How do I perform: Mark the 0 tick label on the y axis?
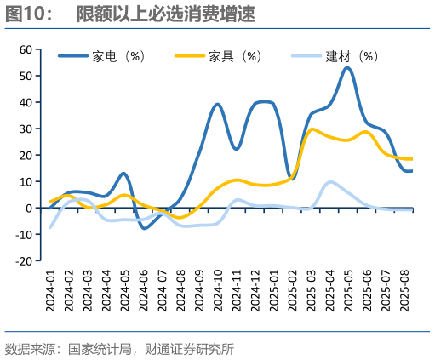point(28,208)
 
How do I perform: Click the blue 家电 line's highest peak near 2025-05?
point(347,67)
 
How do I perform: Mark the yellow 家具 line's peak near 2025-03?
point(312,129)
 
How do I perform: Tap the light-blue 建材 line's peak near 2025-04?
point(330,182)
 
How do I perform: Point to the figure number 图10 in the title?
point(23,14)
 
